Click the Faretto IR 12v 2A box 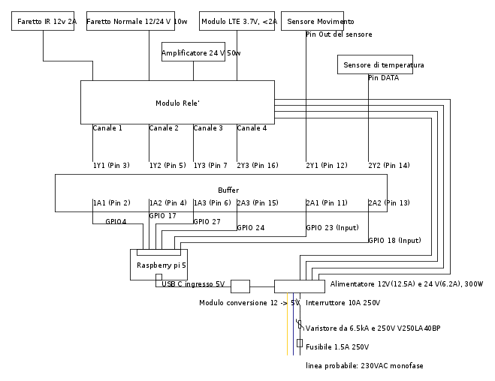(x=44, y=22)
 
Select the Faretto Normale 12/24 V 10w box (x=137, y=22)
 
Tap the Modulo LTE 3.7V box (x=238, y=22)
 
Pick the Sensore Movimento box (x=312, y=22)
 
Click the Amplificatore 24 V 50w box (x=193, y=53)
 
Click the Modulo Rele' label (x=177, y=103)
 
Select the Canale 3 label (x=208, y=128)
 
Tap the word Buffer (x=228, y=190)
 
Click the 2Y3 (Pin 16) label (x=258, y=166)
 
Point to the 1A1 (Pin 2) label (x=111, y=203)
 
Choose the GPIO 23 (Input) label (x=332, y=228)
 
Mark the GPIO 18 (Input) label (x=394, y=241)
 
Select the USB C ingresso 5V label (x=193, y=283)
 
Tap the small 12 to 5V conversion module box (x=240, y=286)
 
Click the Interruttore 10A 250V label (x=343, y=303)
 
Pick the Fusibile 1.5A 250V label (x=337, y=346)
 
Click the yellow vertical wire (x=288, y=330)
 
